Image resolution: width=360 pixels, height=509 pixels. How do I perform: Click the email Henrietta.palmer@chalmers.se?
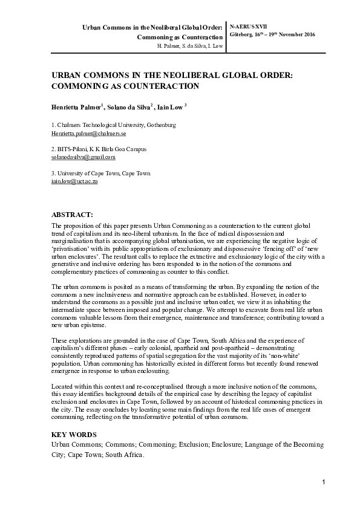88,132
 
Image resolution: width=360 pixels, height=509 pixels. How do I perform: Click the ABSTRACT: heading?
72,214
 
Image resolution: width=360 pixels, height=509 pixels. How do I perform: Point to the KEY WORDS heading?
71,435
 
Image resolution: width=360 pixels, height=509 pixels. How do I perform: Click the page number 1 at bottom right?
324,481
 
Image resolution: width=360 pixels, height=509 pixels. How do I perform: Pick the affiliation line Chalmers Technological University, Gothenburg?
114,125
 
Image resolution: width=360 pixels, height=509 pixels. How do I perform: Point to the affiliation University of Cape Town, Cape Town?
100,173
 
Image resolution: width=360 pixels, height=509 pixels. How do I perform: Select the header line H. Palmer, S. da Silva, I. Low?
189,46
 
